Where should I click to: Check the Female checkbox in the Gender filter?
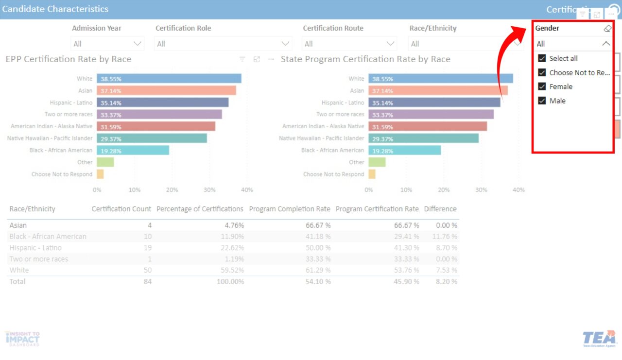click(x=542, y=86)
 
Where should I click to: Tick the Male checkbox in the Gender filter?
click(x=542, y=101)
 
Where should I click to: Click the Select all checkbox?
click(x=542, y=58)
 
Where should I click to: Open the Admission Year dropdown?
click(x=107, y=44)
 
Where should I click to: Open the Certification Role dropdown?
click(x=223, y=44)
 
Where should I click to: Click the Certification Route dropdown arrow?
click(x=390, y=44)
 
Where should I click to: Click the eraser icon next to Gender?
click(x=607, y=29)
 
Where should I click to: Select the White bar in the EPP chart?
click(x=169, y=79)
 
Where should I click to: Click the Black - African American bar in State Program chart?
click(x=404, y=150)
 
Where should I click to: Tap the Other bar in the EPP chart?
click(x=105, y=162)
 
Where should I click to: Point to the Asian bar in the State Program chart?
click(x=438, y=91)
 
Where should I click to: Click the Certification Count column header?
click(x=121, y=209)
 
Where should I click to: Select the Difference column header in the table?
click(x=440, y=209)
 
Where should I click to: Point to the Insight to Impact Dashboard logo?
click(x=22, y=338)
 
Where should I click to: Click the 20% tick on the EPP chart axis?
click(x=172, y=190)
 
